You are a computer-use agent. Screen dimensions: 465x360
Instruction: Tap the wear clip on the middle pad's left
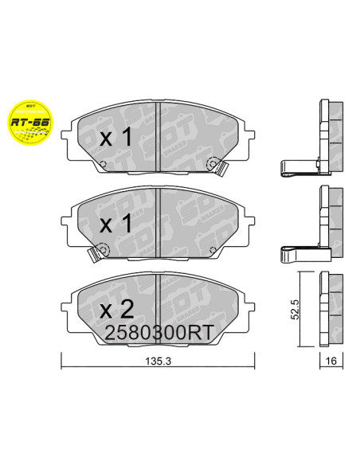pos(95,253)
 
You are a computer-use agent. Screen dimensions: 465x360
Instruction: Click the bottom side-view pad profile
pos(329,309)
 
